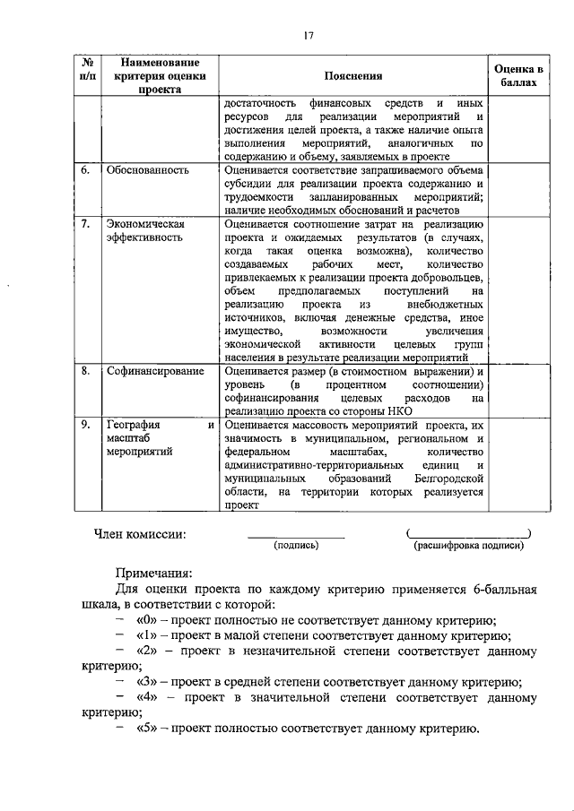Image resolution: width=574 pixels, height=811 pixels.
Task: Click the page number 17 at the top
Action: [308, 36]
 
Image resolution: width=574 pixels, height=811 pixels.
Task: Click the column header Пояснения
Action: [353, 77]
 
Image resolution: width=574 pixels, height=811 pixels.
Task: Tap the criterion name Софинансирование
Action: [155, 371]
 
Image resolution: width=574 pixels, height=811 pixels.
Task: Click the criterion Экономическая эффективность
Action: [145, 230]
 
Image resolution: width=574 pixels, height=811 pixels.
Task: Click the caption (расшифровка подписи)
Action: [467, 545]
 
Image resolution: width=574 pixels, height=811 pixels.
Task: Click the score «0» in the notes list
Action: [147, 621]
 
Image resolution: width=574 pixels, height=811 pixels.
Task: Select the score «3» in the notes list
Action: [147, 682]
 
